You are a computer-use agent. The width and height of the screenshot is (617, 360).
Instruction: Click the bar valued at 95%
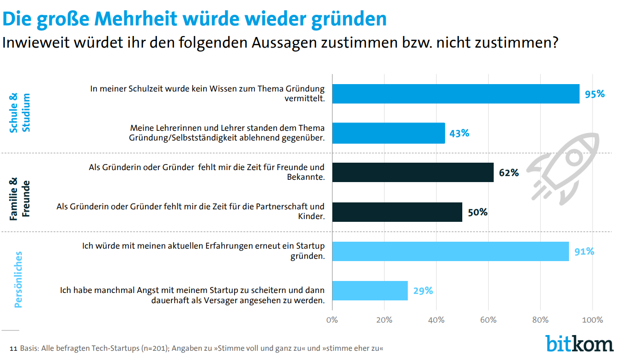pos(456,94)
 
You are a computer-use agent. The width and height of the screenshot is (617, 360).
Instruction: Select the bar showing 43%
pos(388,133)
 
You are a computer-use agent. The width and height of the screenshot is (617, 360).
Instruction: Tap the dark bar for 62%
pos(413,172)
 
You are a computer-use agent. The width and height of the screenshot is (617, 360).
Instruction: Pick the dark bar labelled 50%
pos(397,212)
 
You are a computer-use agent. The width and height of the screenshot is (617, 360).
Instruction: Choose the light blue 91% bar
pos(450,251)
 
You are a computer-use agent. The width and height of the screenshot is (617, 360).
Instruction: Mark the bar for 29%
pos(370,291)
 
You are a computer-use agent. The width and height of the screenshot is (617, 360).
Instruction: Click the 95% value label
pos(594,94)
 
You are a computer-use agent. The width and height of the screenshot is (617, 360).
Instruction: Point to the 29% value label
pos(423,291)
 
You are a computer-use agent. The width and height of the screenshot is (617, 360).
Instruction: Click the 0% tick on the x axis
pos(332,320)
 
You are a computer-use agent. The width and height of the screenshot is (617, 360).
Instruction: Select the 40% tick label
pos(436,320)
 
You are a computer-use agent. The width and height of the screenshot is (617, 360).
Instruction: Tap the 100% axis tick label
pos(592,320)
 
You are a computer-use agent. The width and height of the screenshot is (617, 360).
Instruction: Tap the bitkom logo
pos(579,344)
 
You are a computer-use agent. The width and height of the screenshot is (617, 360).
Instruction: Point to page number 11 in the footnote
pos(13,348)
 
